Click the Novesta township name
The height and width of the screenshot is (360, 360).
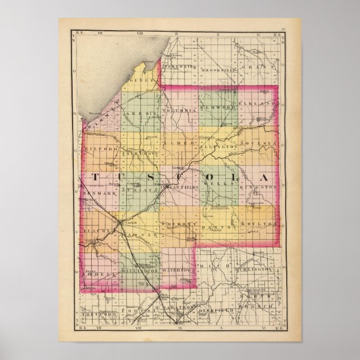pyautogui.click(x=258, y=144)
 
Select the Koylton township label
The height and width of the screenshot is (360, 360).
pyautogui.click(x=258, y=224)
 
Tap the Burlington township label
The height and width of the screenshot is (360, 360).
pyautogui.click(x=257, y=269)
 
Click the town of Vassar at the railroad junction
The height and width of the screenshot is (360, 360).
pyautogui.click(x=124, y=222)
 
